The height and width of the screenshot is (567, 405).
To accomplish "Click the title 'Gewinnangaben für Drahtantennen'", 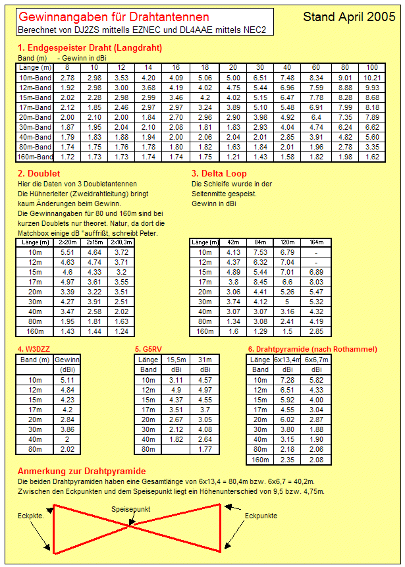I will tap(113, 17).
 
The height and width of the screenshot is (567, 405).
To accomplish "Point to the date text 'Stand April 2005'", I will tap(349, 17).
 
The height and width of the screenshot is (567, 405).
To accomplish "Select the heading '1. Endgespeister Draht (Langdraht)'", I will tap(90, 47).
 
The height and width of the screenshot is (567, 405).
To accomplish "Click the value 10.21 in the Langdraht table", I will tap(372, 78).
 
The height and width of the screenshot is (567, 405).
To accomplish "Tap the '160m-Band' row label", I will tap(36, 157).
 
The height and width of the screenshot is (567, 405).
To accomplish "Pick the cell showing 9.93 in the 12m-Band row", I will tap(372, 88).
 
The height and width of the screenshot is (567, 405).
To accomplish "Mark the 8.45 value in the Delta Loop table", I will tap(260, 282).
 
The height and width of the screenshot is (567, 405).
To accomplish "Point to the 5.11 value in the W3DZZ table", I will tap(67, 380).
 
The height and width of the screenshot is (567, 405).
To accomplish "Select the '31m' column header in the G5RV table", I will tap(205, 360).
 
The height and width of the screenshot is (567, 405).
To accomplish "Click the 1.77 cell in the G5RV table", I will tap(205, 449).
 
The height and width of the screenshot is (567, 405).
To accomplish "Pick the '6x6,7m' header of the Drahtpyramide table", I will tap(317, 360).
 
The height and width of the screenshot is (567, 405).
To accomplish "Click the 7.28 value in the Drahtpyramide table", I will tap(288, 380).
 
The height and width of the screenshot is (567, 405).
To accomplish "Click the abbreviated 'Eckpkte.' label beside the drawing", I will tap(31, 516).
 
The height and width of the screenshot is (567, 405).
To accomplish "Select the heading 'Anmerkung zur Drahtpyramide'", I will tap(81, 472).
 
